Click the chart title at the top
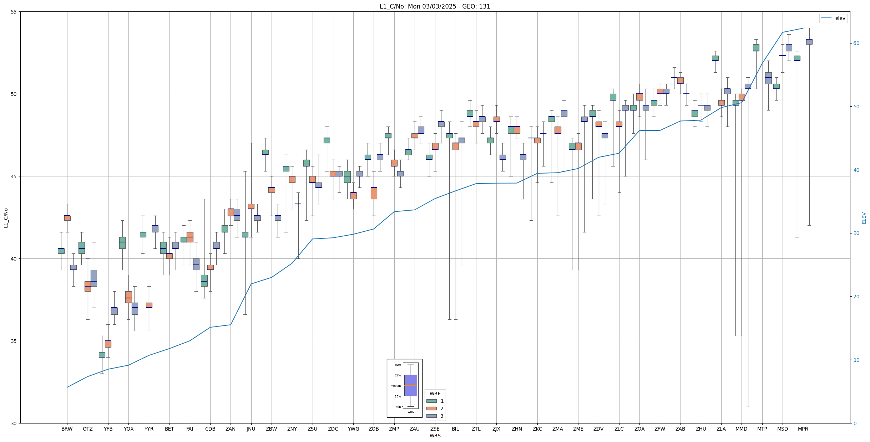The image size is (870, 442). coord(435,6)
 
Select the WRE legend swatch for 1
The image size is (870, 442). coord(431,401)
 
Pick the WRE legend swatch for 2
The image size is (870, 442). coord(431,408)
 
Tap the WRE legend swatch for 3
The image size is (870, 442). coord(431,416)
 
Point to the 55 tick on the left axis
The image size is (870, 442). coord(14,12)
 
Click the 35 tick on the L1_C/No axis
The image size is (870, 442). coord(14,341)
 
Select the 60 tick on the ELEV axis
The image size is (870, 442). coord(856,43)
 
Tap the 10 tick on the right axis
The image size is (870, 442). coord(856,360)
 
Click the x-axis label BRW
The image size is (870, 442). coord(67,429)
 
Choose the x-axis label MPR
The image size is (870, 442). coord(803,429)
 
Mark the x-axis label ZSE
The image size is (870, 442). coord(435,429)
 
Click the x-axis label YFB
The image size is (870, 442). coord(108,429)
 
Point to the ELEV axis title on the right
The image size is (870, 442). coord(864,218)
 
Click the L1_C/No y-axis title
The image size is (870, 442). coord(6,218)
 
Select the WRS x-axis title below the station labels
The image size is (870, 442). coord(435,436)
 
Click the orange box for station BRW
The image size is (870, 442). coord(67,218)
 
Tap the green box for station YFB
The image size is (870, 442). coord(102,355)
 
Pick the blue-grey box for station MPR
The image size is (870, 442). coord(809,42)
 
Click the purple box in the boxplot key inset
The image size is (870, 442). coord(410,385)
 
